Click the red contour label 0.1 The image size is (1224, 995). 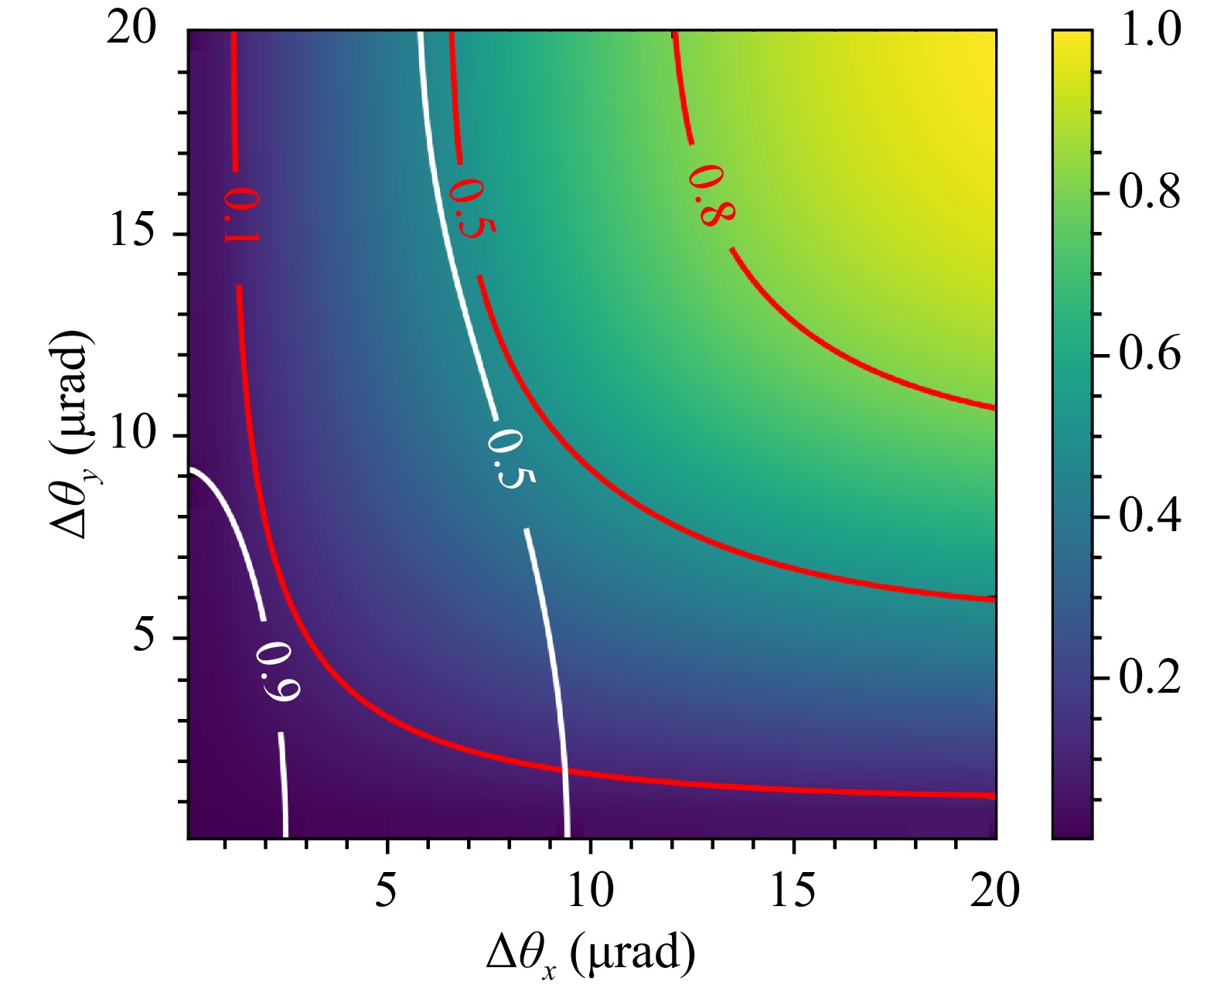point(239,216)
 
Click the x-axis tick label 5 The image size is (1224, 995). point(386,890)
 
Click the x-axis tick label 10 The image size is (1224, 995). point(591,890)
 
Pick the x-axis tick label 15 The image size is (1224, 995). point(793,890)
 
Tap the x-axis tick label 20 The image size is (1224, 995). point(995,890)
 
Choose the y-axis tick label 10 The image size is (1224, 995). point(133,434)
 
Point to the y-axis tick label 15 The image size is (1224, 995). point(133,232)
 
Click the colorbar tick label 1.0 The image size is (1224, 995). point(1151,31)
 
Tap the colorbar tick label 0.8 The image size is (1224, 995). point(1151,193)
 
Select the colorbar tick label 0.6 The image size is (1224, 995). point(1151,354)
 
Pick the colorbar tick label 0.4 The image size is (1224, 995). point(1151,516)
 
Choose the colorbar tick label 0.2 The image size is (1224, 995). point(1151,677)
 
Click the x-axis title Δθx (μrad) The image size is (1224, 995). point(591,956)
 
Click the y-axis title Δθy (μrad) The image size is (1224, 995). point(71,434)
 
